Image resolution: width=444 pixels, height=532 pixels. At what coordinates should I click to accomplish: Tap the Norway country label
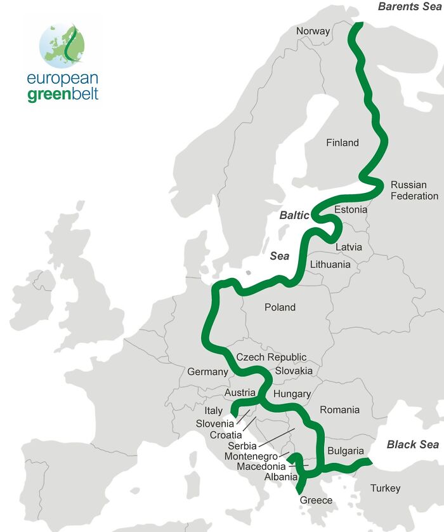[x=313, y=31]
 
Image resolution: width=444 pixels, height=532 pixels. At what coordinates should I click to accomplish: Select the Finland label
[x=343, y=143]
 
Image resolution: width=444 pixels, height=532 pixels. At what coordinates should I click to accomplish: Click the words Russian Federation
[x=414, y=190]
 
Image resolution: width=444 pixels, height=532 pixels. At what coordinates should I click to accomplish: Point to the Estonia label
[x=350, y=209]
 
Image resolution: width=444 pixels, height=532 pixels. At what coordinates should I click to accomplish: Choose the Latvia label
[x=349, y=247]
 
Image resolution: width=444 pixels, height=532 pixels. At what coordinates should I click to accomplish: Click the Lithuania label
[x=330, y=265]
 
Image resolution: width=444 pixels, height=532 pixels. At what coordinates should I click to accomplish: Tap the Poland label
[x=280, y=307]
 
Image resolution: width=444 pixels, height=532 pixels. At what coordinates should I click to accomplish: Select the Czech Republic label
[x=271, y=357]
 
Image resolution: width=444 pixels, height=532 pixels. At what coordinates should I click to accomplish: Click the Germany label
[x=207, y=372]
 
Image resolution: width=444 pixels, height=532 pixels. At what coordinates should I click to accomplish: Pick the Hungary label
[x=292, y=394]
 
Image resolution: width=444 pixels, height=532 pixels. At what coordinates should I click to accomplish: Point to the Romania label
[x=339, y=410]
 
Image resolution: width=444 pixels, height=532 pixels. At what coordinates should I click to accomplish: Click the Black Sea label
[x=413, y=444]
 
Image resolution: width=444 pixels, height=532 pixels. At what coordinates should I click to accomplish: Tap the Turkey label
[x=386, y=488]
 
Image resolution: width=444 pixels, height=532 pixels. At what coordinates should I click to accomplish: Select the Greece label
[x=316, y=500]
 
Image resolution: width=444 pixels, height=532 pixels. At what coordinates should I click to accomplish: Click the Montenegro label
[x=252, y=456]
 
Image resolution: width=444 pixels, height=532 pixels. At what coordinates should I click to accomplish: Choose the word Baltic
[x=294, y=216]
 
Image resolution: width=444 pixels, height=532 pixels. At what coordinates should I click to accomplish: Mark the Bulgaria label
[x=346, y=451]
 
